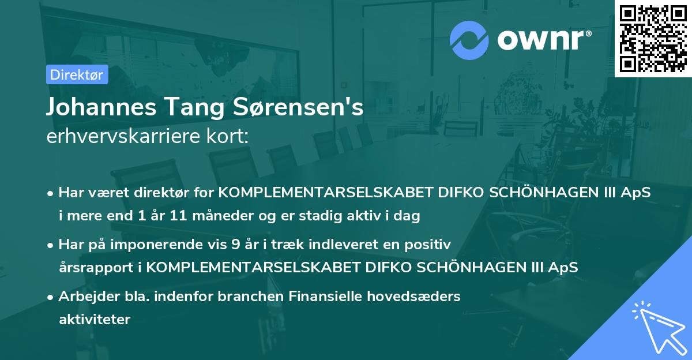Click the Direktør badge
tap(77, 74)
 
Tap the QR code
tap(653, 38)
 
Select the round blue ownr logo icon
tap(469, 40)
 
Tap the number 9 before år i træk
tap(235, 245)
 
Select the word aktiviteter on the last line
tap(95, 320)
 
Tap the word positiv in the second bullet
tap(430, 245)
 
